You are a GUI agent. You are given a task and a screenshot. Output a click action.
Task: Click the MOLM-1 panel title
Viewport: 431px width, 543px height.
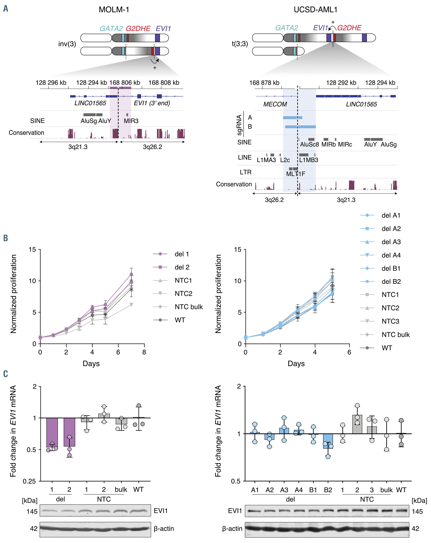(114, 10)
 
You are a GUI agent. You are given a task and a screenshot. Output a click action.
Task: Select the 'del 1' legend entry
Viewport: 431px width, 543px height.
(181, 254)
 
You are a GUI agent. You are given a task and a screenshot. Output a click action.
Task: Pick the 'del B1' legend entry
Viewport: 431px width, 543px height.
(391, 269)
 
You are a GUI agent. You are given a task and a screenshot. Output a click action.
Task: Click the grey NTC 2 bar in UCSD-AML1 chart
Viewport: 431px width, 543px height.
(357, 424)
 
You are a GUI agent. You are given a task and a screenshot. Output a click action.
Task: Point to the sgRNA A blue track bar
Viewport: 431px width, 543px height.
(292, 118)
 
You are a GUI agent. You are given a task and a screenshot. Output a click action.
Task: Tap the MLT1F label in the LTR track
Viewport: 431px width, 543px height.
(296, 174)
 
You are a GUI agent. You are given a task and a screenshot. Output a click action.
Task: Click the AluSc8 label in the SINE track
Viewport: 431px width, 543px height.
(309, 145)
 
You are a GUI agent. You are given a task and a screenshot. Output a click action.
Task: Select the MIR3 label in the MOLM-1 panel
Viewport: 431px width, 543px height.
(131, 121)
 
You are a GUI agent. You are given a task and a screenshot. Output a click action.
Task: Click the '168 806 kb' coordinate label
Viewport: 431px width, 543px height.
(125, 83)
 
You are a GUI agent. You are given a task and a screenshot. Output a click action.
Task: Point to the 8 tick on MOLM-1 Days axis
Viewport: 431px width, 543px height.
(144, 352)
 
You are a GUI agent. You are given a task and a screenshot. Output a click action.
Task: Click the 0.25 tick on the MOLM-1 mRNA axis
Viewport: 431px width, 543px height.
(29, 481)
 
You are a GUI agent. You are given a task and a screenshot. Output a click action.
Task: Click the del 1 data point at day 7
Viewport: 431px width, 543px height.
(131, 274)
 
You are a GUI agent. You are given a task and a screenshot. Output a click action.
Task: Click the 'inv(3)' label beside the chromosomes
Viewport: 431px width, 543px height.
(67, 44)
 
